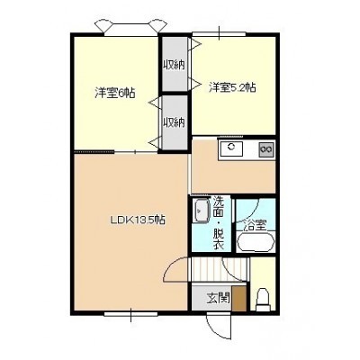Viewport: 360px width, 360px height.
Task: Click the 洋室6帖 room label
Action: (x=114, y=94)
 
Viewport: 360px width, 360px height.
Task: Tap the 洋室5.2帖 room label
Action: (x=232, y=87)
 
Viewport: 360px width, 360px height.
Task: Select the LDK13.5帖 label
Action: (x=138, y=220)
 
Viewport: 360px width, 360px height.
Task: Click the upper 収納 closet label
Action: (x=174, y=65)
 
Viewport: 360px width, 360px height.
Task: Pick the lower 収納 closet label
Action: (x=174, y=122)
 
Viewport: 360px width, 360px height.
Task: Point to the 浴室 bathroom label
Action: (x=256, y=226)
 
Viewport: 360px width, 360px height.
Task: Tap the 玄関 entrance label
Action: (x=219, y=298)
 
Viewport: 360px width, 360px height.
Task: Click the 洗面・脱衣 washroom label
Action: (x=218, y=222)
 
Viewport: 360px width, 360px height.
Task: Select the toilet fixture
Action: (x=264, y=300)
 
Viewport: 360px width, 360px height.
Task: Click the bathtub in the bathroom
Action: (x=256, y=242)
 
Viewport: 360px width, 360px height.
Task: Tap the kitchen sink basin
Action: (x=231, y=148)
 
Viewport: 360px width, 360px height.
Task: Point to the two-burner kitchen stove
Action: (x=266, y=148)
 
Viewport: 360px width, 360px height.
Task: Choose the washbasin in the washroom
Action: (x=202, y=211)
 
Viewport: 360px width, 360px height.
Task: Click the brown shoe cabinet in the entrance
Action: (x=240, y=299)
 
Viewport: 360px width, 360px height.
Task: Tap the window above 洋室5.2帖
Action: (x=219, y=34)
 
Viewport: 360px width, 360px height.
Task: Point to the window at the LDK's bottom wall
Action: (x=131, y=314)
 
